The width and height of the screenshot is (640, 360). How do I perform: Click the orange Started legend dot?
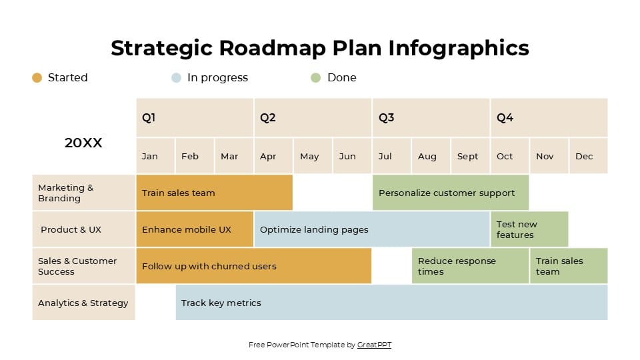(37, 78)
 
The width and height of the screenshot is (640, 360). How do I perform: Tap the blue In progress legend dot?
(176, 78)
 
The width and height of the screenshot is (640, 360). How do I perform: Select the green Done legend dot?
(316, 78)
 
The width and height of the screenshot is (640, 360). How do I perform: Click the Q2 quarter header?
(312, 118)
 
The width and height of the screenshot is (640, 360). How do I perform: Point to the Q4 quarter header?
(549, 118)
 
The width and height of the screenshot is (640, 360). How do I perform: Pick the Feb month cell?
(195, 156)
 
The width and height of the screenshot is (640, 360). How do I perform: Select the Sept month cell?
(470, 156)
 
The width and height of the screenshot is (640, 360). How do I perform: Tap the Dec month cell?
(588, 156)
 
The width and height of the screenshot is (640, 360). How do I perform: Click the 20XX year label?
(83, 143)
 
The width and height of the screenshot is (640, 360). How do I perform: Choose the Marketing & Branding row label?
(83, 193)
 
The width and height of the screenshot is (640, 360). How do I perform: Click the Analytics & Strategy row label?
(83, 303)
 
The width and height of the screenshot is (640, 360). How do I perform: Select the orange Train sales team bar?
(214, 193)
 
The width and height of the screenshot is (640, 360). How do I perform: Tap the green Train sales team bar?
(569, 266)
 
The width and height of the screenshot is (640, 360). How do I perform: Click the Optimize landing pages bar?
(371, 229)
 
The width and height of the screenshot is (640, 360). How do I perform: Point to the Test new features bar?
(529, 229)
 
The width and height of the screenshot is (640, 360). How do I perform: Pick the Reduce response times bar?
(470, 266)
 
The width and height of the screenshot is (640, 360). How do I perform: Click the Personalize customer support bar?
(450, 193)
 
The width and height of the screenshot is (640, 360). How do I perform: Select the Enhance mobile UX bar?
(195, 229)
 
